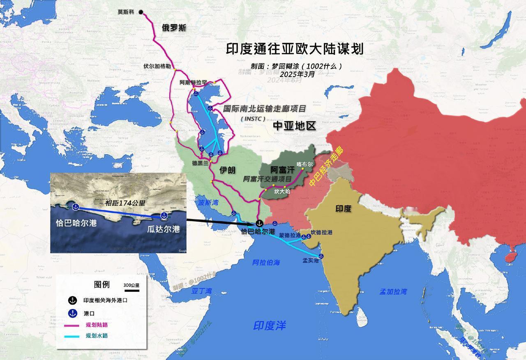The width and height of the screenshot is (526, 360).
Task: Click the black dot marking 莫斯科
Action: (x=141, y=12)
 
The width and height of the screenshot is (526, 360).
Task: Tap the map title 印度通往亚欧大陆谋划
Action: (x=295, y=50)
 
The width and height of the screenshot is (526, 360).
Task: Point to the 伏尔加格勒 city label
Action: (x=157, y=66)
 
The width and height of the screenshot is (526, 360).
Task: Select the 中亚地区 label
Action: (x=295, y=126)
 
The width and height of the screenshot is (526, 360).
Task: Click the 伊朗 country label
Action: (x=227, y=170)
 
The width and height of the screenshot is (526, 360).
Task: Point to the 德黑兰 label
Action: (x=200, y=163)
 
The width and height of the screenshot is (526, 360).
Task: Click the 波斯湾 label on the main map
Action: (x=209, y=202)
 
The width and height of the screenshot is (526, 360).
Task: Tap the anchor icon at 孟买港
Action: (x=321, y=256)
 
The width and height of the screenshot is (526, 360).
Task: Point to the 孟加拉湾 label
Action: (x=393, y=292)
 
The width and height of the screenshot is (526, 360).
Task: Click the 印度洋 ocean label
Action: (x=269, y=325)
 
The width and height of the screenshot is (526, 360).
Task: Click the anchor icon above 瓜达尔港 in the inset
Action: (x=164, y=215)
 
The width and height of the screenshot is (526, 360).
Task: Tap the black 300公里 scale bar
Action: (x=132, y=291)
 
